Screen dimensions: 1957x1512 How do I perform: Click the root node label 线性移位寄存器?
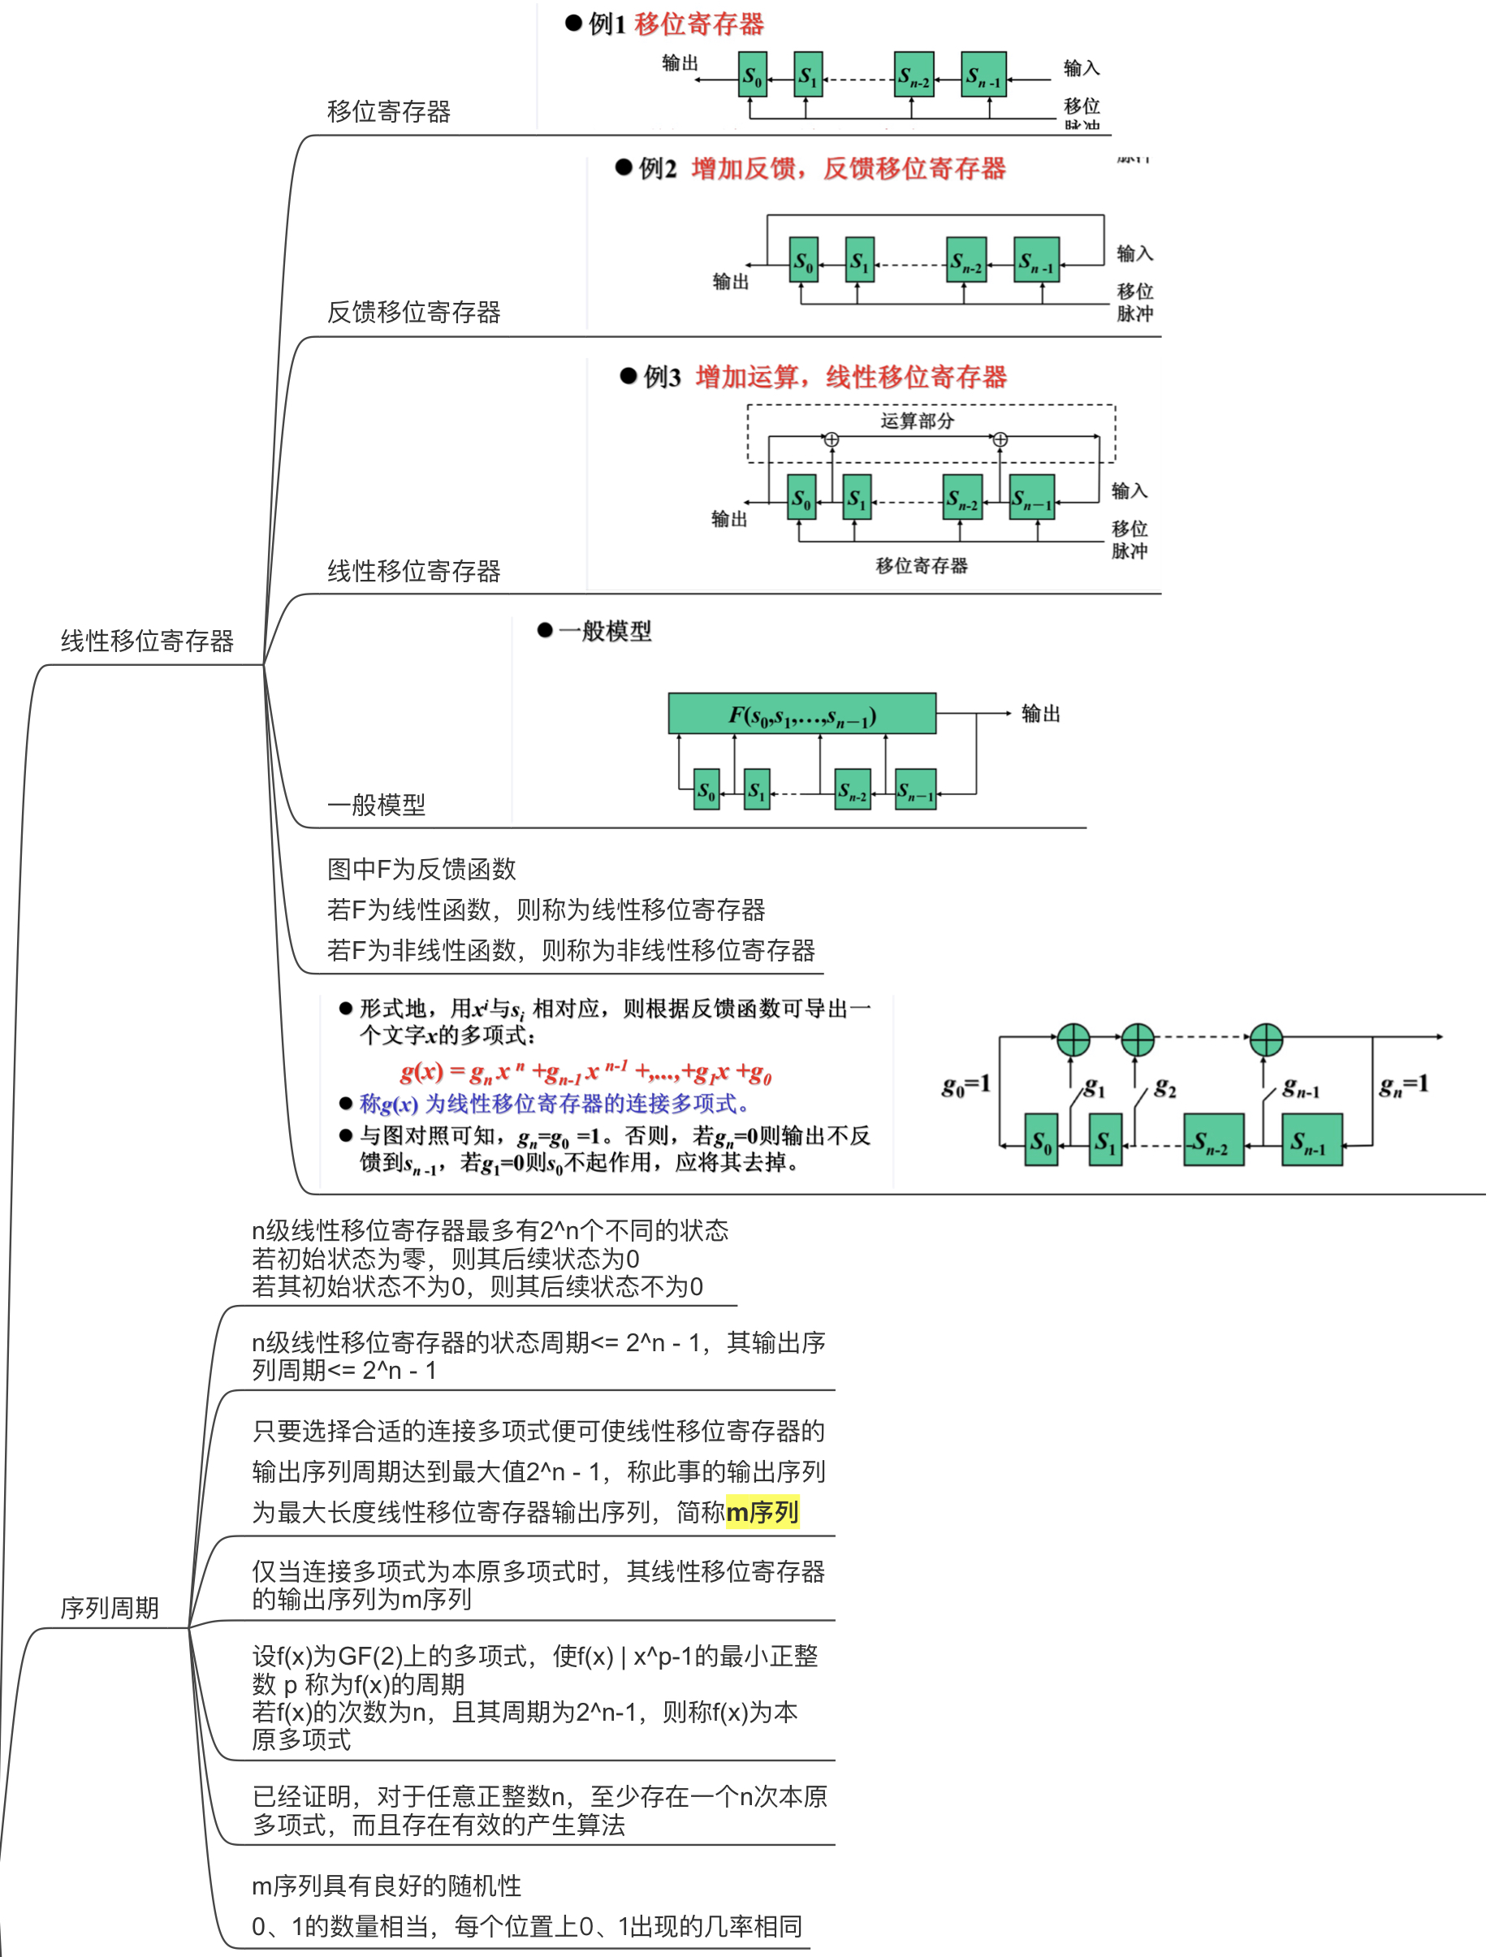(147, 641)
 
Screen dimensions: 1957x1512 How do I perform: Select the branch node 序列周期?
(110, 1608)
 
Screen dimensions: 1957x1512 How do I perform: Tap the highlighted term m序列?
(762, 1513)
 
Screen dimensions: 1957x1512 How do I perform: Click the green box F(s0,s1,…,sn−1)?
(801, 714)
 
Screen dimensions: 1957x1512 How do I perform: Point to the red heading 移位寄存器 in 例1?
(698, 24)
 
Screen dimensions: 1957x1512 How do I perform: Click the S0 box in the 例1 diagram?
(752, 76)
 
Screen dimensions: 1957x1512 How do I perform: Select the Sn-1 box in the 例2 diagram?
(1035, 260)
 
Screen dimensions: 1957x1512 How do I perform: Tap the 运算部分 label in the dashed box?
(916, 421)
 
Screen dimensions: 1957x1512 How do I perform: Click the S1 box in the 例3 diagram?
(857, 497)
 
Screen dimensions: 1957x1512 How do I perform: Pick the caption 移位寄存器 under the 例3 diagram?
(921, 565)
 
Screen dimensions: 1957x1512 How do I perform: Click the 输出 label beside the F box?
(1039, 713)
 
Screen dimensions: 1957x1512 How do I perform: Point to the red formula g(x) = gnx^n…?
(585, 1072)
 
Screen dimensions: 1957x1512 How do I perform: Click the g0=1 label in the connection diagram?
(966, 1085)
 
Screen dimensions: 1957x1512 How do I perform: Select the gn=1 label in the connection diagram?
(1402, 1085)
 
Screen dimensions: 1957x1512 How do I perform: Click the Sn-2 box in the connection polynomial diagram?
(1212, 1140)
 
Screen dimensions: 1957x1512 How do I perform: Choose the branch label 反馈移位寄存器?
(413, 312)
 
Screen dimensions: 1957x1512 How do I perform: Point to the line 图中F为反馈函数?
(421, 868)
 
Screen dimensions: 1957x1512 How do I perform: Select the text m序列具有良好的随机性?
(387, 1886)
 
